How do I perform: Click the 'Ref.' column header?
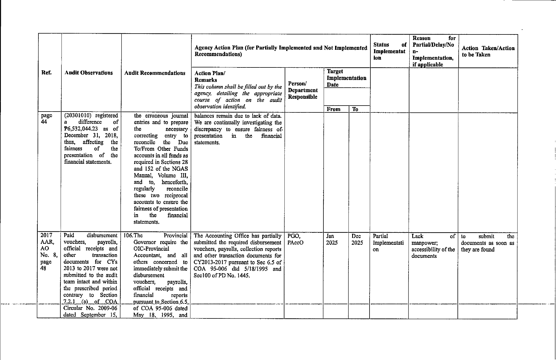tap(46, 73)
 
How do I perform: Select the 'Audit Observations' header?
tap(89, 73)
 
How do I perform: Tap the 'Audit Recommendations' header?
tap(155, 73)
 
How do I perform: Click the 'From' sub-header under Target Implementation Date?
tap(334, 109)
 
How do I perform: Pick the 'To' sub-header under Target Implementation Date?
tap(355, 109)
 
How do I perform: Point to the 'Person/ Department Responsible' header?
tap(303, 90)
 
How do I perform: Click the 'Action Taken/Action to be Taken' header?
tap(488, 52)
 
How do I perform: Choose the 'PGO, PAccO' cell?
tap(295, 239)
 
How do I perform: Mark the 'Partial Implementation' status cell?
tap(388, 243)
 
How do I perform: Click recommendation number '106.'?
tap(128, 236)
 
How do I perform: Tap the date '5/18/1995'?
tap(251, 269)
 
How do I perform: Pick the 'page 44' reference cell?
tap(46, 119)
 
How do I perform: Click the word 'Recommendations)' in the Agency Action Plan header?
tap(218, 54)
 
